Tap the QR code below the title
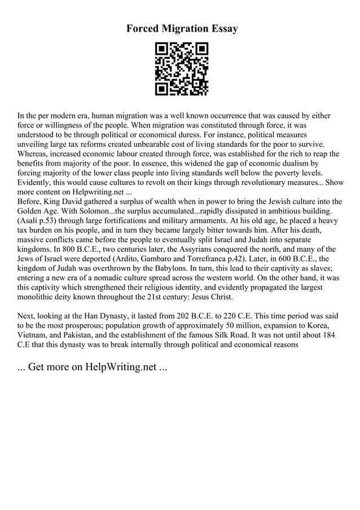(182, 68)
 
